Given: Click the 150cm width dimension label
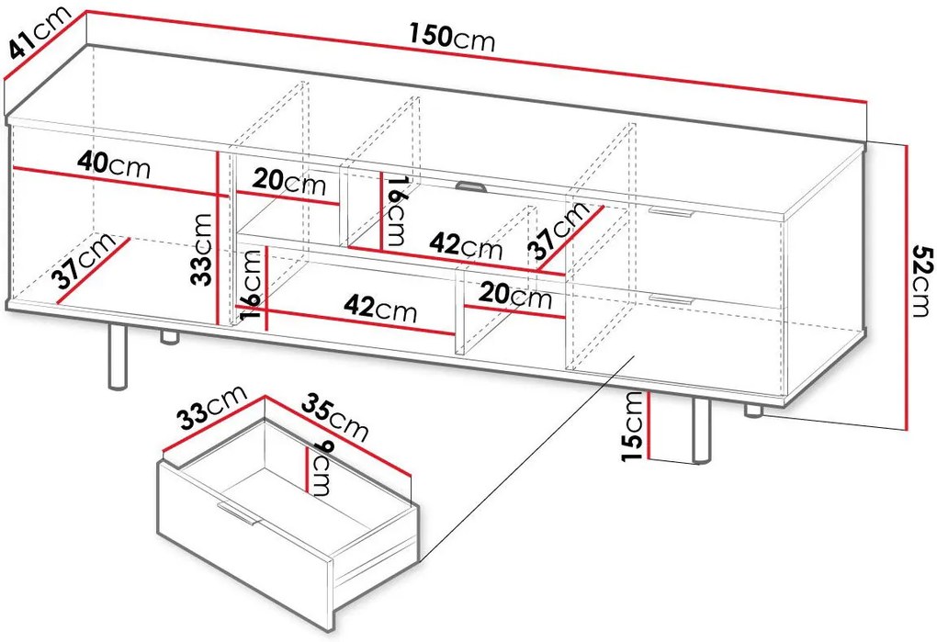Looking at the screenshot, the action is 452,37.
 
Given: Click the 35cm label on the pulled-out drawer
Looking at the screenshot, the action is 334,417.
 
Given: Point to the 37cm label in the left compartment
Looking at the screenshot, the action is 83,261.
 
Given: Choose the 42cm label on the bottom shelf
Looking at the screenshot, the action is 380,309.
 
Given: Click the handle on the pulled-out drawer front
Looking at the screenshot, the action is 238,513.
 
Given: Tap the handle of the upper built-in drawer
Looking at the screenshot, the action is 671,211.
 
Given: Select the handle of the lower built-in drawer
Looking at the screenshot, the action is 672,298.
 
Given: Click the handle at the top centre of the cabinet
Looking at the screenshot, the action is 471,187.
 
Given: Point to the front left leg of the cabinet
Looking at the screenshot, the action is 118,356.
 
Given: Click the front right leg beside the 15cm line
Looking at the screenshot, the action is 702,430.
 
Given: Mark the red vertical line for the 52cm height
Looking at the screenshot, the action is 907,287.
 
